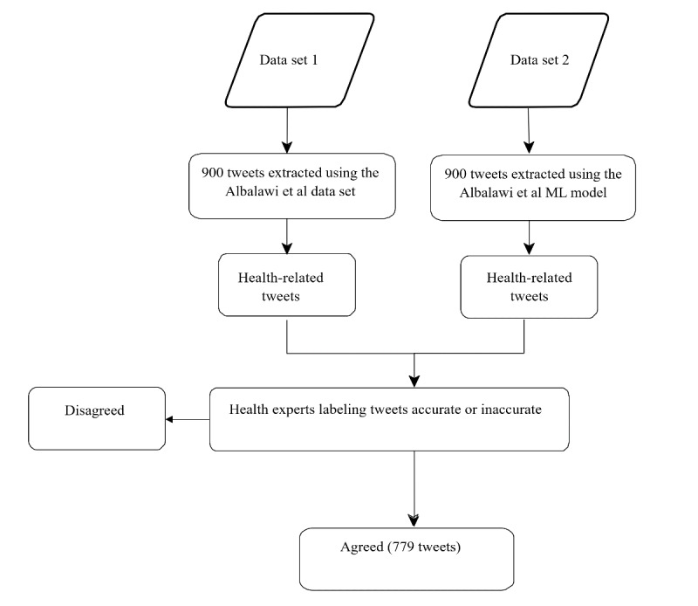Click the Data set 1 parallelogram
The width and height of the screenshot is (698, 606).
pyautogui.click(x=299, y=60)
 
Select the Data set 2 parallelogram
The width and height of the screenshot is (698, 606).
pyautogui.click(x=538, y=60)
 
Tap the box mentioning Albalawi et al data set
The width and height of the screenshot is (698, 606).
pyautogui.click(x=292, y=186)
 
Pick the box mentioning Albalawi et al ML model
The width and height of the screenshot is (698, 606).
pyautogui.click(x=533, y=188)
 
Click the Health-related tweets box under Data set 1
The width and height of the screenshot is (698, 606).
pyautogui.click(x=287, y=285)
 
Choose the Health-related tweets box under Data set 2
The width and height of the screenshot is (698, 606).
pyautogui.click(x=529, y=286)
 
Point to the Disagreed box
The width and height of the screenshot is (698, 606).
pyautogui.click(x=97, y=418)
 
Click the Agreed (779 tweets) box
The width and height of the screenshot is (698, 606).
pyautogui.click(x=407, y=559)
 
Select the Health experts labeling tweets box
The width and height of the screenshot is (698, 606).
pyautogui.click(x=389, y=419)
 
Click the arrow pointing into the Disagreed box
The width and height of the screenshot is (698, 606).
pyautogui.click(x=188, y=419)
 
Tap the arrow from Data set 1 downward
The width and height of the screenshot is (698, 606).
pyautogui.click(x=287, y=130)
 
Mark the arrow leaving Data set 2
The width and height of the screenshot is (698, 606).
pyautogui.click(x=529, y=130)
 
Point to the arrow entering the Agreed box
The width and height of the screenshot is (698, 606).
pyautogui.click(x=414, y=489)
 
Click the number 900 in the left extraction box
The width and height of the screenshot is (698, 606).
pyautogui.click(x=212, y=173)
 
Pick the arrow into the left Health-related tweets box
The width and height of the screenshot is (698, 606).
pyautogui.click(x=287, y=236)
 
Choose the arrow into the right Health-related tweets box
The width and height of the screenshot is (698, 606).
pyautogui.click(x=529, y=238)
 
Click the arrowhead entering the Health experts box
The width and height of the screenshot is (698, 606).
pyautogui.click(x=414, y=382)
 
